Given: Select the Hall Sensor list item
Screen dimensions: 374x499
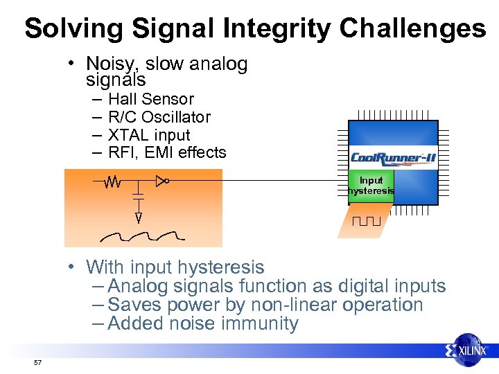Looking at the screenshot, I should coord(151,99).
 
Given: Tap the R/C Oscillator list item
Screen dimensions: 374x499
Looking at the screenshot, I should coord(159,117).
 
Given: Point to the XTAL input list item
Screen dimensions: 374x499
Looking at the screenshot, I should coord(149,135).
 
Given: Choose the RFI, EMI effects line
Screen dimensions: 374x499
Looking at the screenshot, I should coord(167,152).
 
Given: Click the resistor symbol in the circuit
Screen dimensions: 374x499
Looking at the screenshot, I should coord(112,182).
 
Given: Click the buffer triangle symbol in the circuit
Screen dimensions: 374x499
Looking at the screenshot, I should coord(161,181).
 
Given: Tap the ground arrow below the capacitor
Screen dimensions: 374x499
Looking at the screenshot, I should coord(139,217).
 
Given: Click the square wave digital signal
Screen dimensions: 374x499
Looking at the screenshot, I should coord(366,222).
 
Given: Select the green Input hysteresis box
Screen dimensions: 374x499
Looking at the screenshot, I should coord(371,186).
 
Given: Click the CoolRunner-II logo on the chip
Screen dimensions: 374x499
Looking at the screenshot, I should coord(393,158).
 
